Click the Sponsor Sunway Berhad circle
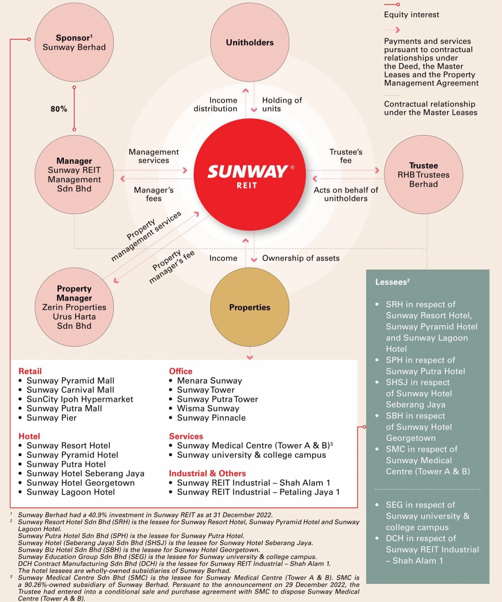(x=74, y=42)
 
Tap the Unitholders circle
(x=250, y=42)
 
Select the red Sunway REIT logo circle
(x=250, y=175)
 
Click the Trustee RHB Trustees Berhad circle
(x=423, y=175)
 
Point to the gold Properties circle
(x=250, y=307)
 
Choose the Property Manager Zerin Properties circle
(x=74, y=307)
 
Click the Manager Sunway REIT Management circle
(x=74, y=175)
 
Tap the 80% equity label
(x=59, y=109)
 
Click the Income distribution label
(x=216, y=105)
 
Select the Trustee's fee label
(x=346, y=156)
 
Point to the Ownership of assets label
(x=301, y=258)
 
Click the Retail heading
(x=30, y=371)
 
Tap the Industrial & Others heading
(x=207, y=473)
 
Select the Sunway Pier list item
(x=52, y=418)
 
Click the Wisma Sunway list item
(x=208, y=408)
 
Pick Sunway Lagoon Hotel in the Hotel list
(x=71, y=492)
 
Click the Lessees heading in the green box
(x=392, y=282)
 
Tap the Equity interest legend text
(x=411, y=15)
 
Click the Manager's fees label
(x=154, y=194)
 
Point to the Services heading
(x=186, y=436)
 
